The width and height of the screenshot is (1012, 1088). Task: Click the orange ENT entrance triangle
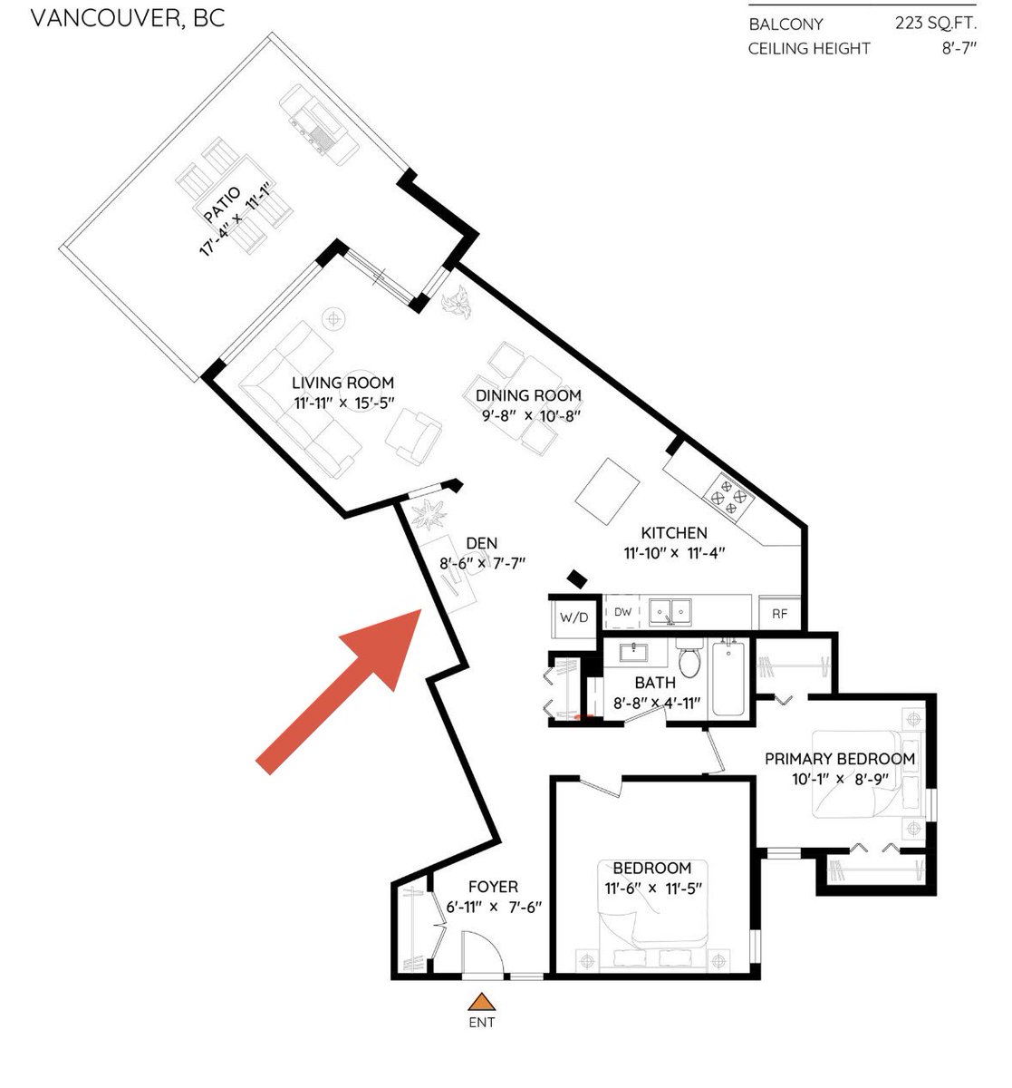[481, 1002]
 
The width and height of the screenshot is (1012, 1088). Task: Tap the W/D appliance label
[573, 618]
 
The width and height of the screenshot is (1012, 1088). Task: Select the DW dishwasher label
[622, 612]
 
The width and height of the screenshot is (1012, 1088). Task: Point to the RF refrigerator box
[780, 614]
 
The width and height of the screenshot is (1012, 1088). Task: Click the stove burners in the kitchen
[728, 497]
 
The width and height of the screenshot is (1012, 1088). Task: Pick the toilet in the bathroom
[689, 657]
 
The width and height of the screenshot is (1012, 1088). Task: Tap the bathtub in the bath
[728, 679]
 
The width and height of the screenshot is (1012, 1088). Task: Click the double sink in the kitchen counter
[670, 612]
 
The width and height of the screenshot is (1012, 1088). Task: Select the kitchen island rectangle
[607, 491]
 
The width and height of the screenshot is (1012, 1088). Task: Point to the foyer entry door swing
[483, 952]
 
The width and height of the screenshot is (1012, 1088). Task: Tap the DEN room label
[482, 543]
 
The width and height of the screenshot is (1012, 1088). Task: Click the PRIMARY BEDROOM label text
[840, 759]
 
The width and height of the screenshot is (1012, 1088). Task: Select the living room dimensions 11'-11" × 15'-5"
[344, 403]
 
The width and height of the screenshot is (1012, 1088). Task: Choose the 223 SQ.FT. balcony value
[936, 23]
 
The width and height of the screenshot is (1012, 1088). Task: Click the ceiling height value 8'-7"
[959, 48]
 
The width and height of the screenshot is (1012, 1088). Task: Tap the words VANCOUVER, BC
[128, 19]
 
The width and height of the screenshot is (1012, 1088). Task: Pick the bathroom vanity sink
[633, 653]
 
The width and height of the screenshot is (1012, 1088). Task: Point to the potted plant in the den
[429, 514]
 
